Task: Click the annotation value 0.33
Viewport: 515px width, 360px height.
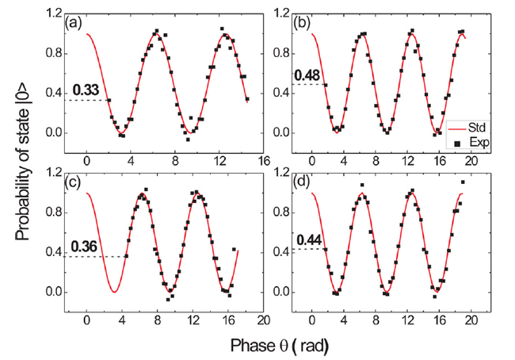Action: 83,90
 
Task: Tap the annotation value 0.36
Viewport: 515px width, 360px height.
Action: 83,247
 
